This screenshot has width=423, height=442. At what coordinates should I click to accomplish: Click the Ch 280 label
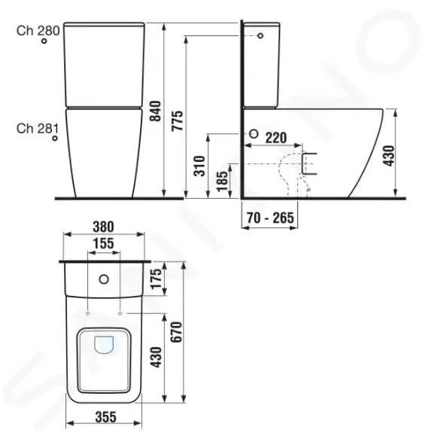point(38,30)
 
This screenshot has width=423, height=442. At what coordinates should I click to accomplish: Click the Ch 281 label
point(38,129)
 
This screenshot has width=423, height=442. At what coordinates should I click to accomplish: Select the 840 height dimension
point(155,111)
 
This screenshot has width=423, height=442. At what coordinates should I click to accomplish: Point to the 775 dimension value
point(178,120)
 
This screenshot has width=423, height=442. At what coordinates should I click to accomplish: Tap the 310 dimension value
point(199,166)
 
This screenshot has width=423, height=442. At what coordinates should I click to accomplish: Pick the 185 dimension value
point(222,181)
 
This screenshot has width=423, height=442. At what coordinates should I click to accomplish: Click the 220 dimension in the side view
point(276,138)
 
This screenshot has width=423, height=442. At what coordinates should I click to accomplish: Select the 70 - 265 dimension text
point(270,218)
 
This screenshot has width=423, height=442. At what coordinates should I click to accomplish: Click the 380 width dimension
point(103,227)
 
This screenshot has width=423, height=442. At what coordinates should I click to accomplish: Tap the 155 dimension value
point(104,243)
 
